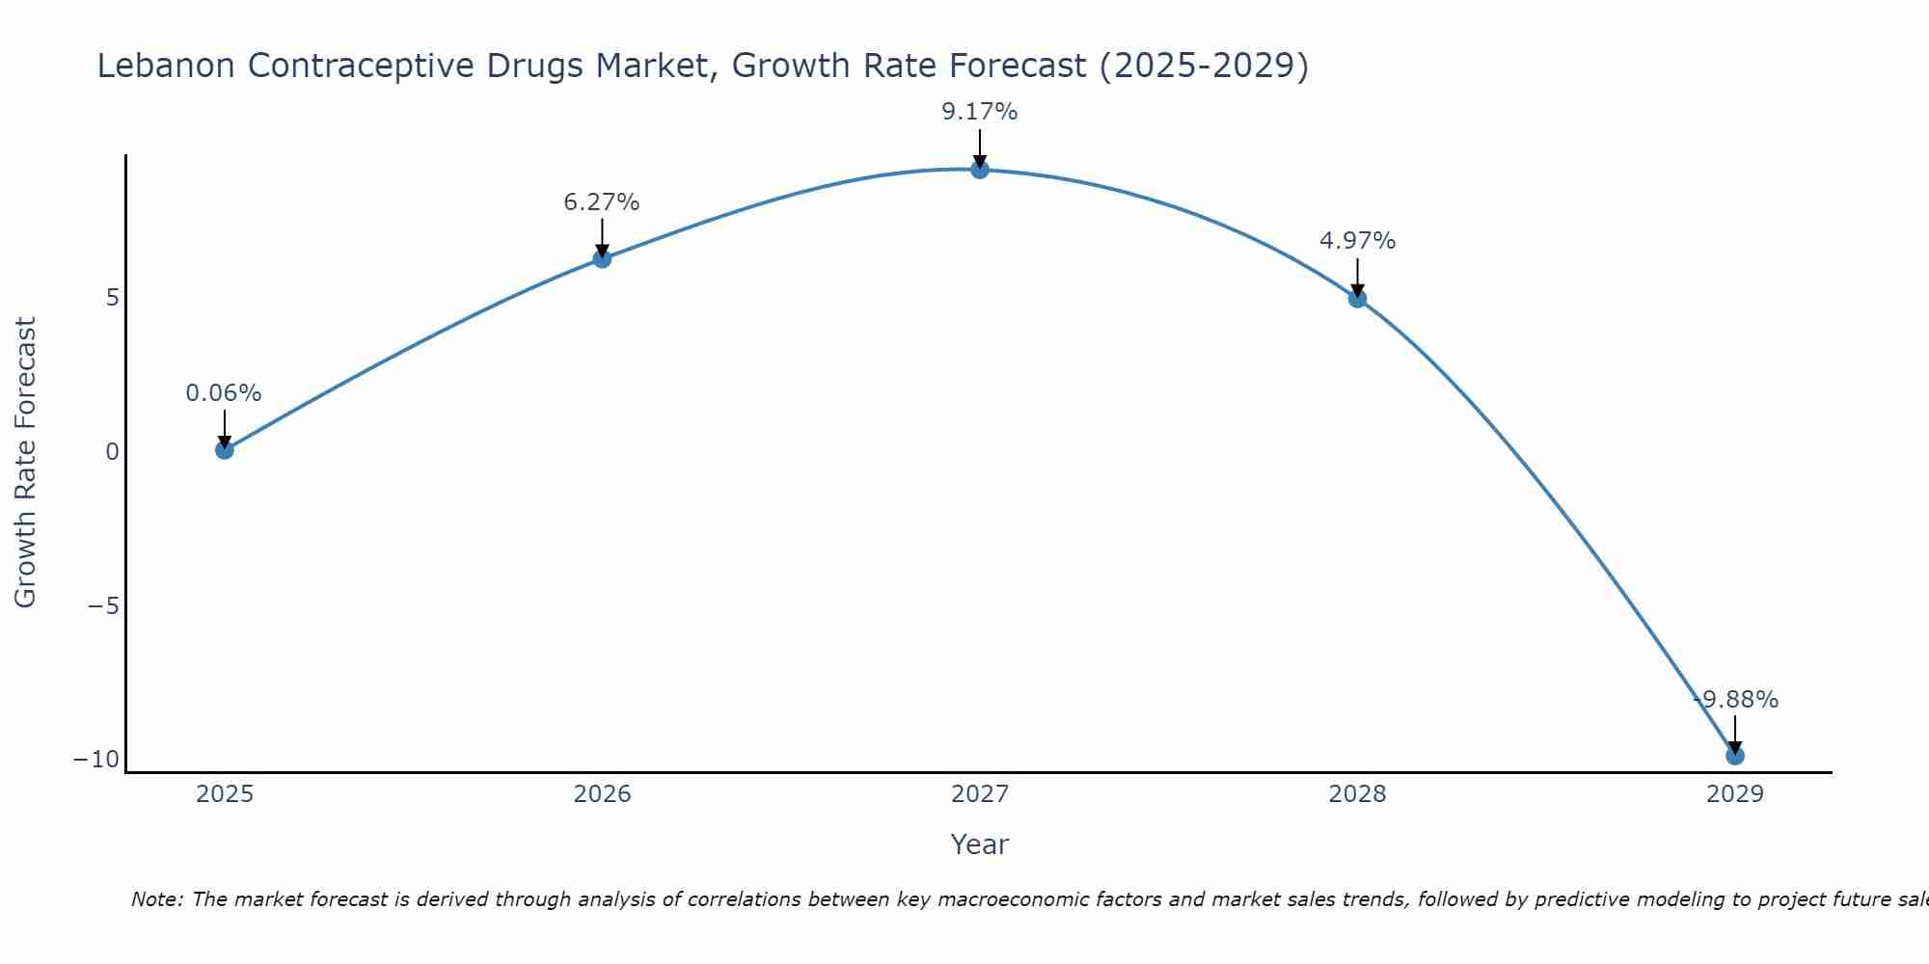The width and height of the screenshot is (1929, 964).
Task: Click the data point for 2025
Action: click(x=225, y=449)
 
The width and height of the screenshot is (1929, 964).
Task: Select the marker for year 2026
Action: click(x=602, y=258)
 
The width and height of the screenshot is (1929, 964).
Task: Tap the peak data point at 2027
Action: click(x=980, y=170)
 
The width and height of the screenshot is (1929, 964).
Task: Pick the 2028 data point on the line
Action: click(x=1357, y=299)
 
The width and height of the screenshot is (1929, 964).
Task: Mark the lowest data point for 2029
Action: click(x=1735, y=756)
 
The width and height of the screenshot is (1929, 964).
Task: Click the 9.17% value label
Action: click(x=980, y=112)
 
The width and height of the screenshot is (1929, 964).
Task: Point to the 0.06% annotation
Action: click(x=224, y=393)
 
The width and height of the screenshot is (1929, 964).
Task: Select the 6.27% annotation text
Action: click(x=602, y=202)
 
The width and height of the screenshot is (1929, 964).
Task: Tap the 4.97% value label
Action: click(x=1357, y=241)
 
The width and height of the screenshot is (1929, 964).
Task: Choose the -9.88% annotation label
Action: click(x=1736, y=700)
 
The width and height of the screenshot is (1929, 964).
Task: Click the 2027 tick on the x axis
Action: click(x=980, y=794)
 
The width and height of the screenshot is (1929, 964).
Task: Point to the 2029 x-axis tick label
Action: click(x=1735, y=794)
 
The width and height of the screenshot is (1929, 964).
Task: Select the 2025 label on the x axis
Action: click(x=225, y=794)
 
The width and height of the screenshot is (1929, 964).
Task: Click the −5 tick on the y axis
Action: click(x=103, y=606)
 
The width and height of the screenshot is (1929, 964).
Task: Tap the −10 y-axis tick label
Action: click(x=96, y=760)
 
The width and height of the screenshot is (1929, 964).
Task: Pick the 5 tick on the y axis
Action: click(x=113, y=298)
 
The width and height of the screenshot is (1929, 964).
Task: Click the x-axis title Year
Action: click(x=980, y=844)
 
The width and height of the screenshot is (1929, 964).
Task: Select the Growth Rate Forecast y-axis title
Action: click(x=25, y=463)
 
